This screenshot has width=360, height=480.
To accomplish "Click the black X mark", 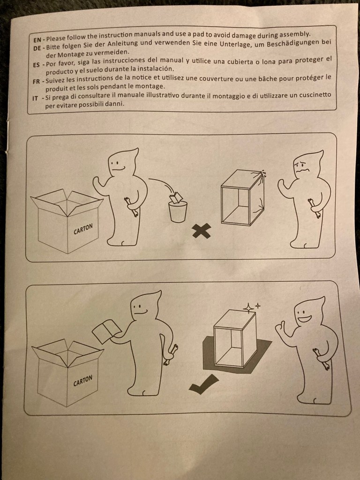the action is point(202,230).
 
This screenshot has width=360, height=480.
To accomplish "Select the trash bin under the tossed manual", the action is point(178,211).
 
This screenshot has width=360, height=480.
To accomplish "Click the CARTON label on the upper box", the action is point(82,229).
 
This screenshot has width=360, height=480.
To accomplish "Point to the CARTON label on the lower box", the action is point(82,381).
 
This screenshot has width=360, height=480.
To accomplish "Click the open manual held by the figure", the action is point(106,331).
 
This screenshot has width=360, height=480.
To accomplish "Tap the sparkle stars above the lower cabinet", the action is point(251,307).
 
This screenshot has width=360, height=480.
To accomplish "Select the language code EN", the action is point(37,40).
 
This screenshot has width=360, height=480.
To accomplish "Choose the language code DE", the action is point(37,48).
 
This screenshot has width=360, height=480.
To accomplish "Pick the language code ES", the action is point(37,65).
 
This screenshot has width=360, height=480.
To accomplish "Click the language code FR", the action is point(37,82).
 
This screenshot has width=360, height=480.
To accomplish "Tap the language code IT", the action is point(35,98).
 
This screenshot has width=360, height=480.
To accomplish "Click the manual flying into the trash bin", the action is point(177,198).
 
